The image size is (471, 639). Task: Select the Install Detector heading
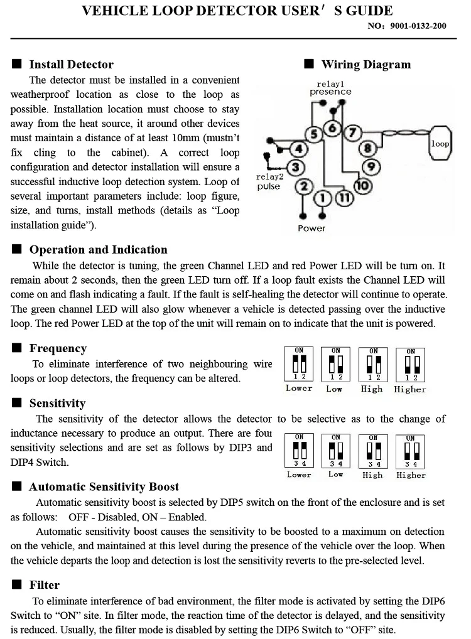click(x=71, y=64)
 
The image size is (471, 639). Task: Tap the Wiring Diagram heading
click(x=365, y=64)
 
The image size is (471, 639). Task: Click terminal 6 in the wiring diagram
click(x=333, y=129)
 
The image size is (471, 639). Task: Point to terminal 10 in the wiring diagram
click(x=362, y=185)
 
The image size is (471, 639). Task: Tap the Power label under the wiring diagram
click(x=311, y=228)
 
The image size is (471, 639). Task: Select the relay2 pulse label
click(x=269, y=181)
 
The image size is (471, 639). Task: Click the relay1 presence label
click(x=330, y=88)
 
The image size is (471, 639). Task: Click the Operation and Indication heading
click(x=98, y=249)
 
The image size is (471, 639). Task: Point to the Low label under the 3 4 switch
click(x=336, y=474)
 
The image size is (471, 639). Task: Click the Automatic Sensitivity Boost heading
click(x=104, y=486)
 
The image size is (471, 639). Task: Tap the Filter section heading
click(x=45, y=585)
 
